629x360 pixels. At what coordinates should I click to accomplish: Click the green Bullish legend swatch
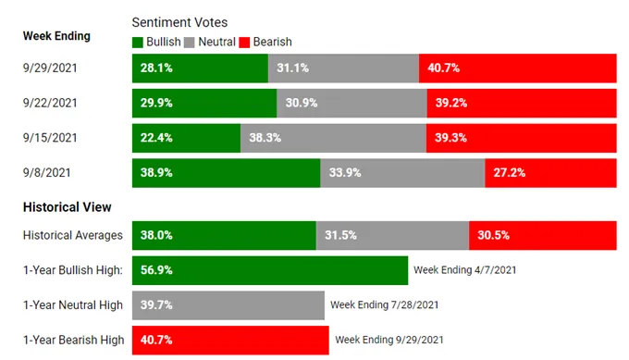click(x=138, y=43)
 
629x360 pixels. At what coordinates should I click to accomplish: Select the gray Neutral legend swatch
click(x=190, y=43)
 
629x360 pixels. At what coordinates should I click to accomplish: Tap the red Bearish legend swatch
click(x=244, y=43)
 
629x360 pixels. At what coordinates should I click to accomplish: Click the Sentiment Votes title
click(x=179, y=22)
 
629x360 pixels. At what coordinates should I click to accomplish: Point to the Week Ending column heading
click(x=56, y=36)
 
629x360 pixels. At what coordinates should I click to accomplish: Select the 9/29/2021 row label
click(x=50, y=68)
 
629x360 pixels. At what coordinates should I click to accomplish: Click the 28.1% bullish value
click(x=156, y=68)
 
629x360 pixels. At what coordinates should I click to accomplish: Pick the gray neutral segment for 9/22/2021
click(x=351, y=103)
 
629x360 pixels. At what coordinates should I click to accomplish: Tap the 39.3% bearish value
click(x=450, y=138)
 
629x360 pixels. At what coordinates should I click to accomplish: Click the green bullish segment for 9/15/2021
click(x=187, y=138)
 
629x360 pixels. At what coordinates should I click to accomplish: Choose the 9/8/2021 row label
click(x=47, y=172)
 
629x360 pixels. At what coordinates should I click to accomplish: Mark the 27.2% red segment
click(x=550, y=173)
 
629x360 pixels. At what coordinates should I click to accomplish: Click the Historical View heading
click(x=67, y=207)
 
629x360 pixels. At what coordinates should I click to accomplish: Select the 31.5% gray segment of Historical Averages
click(x=393, y=236)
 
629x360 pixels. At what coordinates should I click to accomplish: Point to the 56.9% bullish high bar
click(x=270, y=270)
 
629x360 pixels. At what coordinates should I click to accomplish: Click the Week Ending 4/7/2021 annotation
click(x=465, y=270)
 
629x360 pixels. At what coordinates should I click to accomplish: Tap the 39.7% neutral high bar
click(x=228, y=305)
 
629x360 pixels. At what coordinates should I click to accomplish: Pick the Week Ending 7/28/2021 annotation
click(x=385, y=305)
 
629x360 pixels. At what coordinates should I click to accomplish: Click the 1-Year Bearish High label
click(x=74, y=340)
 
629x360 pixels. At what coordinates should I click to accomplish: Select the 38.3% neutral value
click(x=265, y=138)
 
